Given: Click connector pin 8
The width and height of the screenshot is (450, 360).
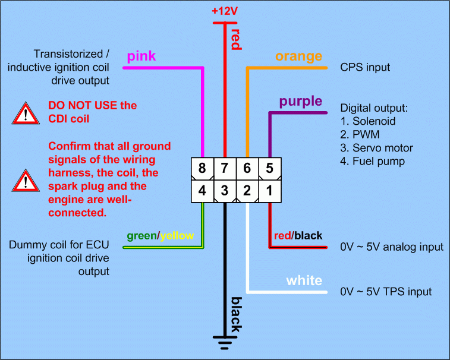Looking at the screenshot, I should (x=203, y=169).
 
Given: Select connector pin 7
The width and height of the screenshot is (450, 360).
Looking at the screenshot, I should (x=225, y=169).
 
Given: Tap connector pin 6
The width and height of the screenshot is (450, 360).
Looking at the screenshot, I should (x=247, y=169).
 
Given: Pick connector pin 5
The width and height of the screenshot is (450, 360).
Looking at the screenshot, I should (x=269, y=169).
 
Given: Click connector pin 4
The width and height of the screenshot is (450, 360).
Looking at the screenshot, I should (x=203, y=191).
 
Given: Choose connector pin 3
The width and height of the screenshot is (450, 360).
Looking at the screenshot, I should (x=225, y=191).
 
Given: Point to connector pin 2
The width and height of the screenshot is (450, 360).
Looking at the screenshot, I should (x=247, y=191).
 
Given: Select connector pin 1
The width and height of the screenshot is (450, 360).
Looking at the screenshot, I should (x=269, y=191).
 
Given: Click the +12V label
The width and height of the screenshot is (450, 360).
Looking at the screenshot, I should (x=224, y=11).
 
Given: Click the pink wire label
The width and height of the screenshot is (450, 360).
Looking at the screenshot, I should (x=142, y=56).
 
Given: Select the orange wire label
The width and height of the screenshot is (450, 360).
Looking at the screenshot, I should (x=298, y=56).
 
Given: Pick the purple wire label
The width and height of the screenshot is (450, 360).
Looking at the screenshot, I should (x=301, y=101).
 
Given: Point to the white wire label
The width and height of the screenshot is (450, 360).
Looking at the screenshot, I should (x=304, y=280).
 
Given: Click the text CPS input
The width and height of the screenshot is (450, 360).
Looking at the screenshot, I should (x=365, y=68).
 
